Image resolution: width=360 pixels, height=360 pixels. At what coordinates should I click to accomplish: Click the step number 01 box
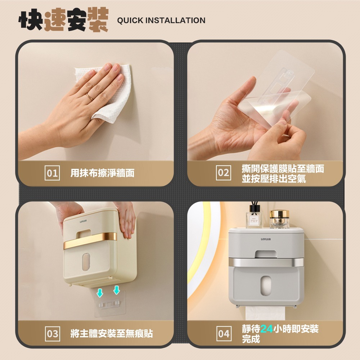coord(53,173)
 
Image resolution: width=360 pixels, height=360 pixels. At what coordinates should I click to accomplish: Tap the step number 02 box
coord(224,173)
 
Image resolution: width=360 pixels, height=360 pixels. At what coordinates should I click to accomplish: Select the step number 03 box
coord(53,334)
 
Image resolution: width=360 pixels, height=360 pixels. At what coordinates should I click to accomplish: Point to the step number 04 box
coord(224,334)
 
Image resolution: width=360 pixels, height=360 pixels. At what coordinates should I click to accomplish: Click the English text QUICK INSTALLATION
coord(161,21)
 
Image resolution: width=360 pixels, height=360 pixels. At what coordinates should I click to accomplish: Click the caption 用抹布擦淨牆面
coord(102,173)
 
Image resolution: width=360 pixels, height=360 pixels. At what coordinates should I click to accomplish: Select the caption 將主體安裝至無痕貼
coord(112,334)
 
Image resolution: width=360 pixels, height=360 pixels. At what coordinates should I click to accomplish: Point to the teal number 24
coord(266,329)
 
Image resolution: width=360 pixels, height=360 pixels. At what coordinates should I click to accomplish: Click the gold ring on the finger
coord(90,96)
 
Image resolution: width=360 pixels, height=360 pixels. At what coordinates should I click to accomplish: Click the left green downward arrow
coord(100,292)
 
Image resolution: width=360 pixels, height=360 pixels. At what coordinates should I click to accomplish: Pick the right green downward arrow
coord(116,290)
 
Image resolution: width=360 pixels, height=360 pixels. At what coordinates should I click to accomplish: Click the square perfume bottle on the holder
coord(253,220)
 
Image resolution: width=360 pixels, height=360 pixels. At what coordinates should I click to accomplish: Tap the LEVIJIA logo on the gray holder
coord(266,238)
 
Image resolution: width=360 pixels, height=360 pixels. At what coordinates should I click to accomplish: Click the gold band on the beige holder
coord(90,243)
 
